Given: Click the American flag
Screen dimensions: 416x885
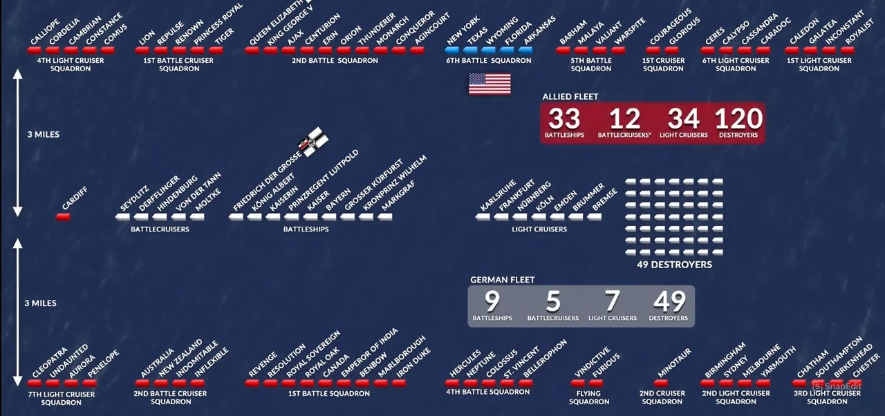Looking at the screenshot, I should (490, 84).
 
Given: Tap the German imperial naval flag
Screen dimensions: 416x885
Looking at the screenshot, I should (313, 140).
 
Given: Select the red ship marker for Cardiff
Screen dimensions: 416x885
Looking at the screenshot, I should (63, 217).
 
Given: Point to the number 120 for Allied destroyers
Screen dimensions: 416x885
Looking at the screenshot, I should (738, 119).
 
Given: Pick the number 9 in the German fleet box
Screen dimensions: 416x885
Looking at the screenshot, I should (492, 302).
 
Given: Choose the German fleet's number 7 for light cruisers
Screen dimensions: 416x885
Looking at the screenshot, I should (612, 302).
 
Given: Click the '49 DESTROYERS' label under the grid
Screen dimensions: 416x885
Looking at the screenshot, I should (674, 265).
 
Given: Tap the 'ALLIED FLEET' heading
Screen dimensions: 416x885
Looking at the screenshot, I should (570, 97).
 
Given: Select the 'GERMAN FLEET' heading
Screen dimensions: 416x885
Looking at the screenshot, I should (502, 280).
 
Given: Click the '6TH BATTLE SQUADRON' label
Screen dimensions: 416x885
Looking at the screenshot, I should (488, 61).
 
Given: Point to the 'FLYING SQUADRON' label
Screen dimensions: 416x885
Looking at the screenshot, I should (589, 397).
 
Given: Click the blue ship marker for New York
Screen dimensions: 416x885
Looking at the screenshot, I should (454, 50).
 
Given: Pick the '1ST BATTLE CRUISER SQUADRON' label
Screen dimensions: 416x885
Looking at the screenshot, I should (178, 64).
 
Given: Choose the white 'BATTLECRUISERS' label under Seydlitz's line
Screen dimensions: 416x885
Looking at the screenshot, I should (160, 229).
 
